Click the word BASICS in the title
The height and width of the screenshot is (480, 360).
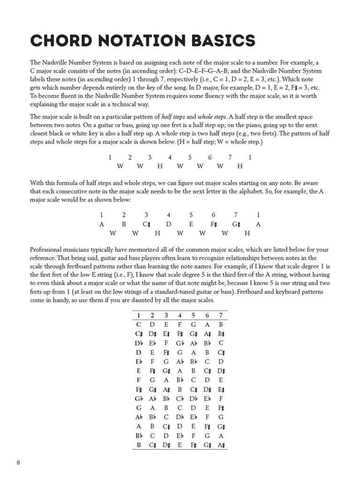(x=220, y=41)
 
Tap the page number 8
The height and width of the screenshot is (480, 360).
(x=18, y=463)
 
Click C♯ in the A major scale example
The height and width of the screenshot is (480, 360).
(x=146, y=224)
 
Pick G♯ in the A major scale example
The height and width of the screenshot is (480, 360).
(x=236, y=224)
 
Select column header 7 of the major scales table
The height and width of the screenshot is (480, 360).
(x=221, y=315)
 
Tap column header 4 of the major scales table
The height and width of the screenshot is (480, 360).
(x=180, y=315)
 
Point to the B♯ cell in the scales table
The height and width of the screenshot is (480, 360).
(x=221, y=333)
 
